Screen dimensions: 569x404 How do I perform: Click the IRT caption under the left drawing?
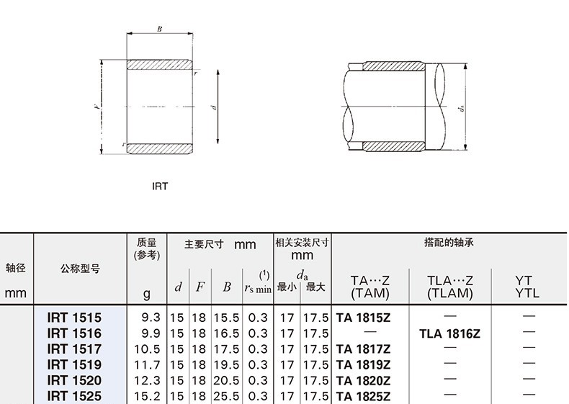click(x=160, y=187)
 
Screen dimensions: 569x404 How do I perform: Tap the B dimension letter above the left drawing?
click(x=159, y=29)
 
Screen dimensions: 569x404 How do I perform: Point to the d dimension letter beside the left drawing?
click(x=214, y=107)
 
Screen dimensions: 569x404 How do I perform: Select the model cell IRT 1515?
click(x=74, y=318)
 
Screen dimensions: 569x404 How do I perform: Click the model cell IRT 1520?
click(x=74, y=380)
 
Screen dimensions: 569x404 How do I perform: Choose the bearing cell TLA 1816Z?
click(x=449, y=333)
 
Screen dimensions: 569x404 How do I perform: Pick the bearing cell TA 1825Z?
click(x=363, y=395)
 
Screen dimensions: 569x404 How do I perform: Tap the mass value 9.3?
click(x=151, y=318)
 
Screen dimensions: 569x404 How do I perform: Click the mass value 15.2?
click(x=147, y=395)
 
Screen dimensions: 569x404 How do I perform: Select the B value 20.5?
click(x=226, y=380)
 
